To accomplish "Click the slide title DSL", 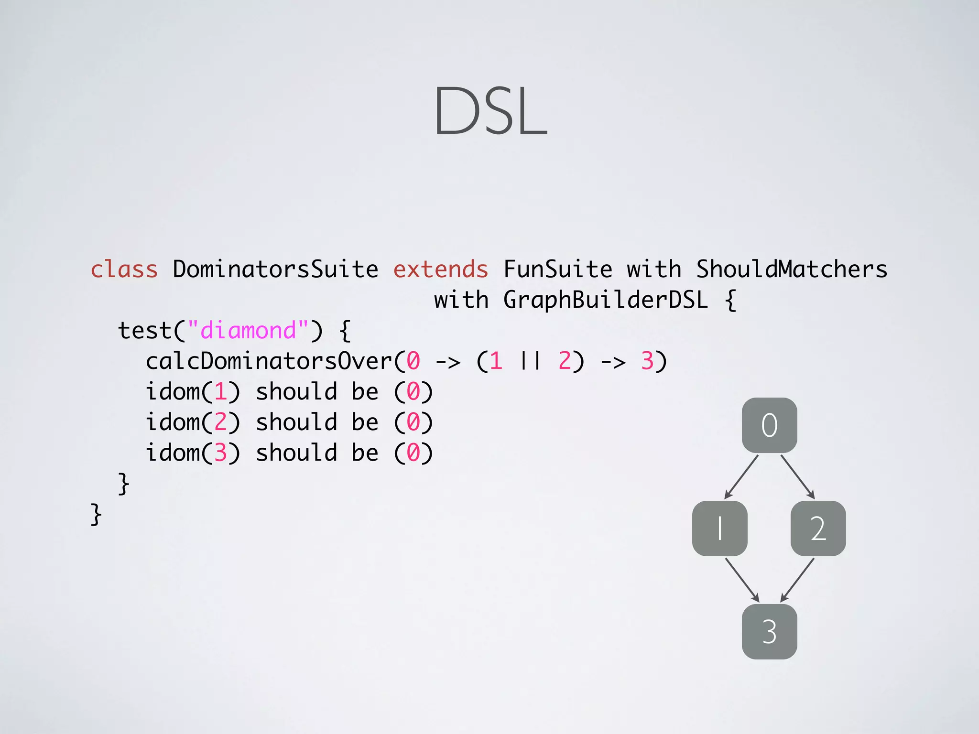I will point(490,111).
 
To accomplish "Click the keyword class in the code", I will point(124,269).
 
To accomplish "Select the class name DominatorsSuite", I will point(275,269).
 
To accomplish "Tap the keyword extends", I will point(440,269).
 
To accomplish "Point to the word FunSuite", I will point(557,269).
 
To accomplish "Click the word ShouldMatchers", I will point(791,269).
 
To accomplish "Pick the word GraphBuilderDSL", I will point(605,300).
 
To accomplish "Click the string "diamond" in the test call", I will point(248,330).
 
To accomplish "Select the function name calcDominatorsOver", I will point(269,361).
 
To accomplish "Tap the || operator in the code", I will point(530,361).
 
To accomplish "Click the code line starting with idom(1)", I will point(289,392).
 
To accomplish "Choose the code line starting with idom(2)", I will point(289,422).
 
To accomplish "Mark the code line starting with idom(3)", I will point(289,453).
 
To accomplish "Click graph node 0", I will point(769,425).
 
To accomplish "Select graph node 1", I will point(719,528).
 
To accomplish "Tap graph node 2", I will point(818,528).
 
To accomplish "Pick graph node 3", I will point(769,631).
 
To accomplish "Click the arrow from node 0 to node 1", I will point(741,476).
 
